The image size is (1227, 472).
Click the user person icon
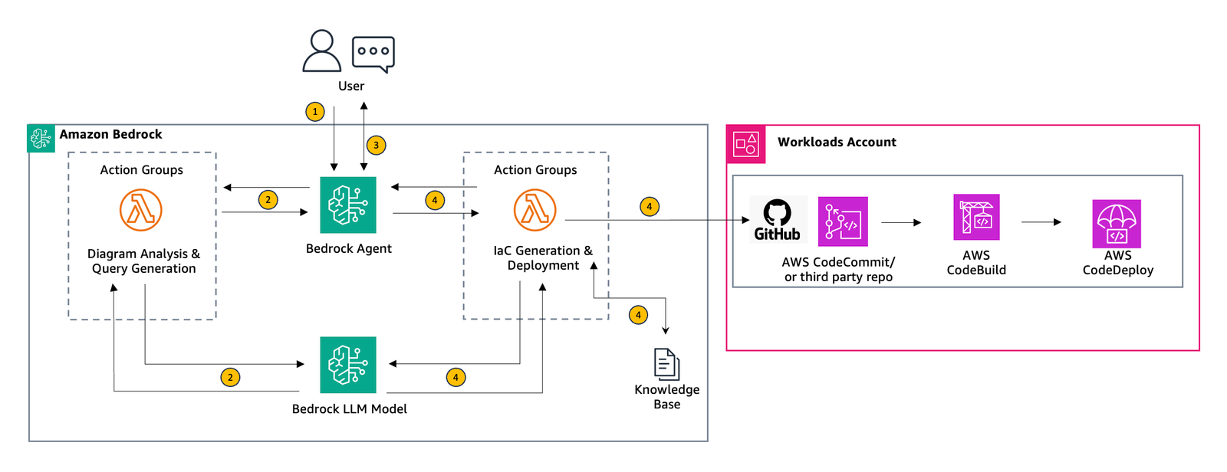(x=321, y=51)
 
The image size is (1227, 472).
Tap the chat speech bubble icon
(x=373, y=54)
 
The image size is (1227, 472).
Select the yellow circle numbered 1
(x=315, y=112)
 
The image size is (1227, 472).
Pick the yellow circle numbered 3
(x=376, y=145)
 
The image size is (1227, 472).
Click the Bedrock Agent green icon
(x=348, y=205)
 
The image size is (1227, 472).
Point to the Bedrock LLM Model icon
(x=348, y=365)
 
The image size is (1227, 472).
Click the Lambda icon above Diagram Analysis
(x=141, y=210)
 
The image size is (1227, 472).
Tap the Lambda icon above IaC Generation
(x=535, y=210)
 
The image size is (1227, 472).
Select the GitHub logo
(x=778, y=220)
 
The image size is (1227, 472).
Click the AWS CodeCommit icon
(x=843, y=221)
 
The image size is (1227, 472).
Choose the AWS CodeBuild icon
(x=976, y=217)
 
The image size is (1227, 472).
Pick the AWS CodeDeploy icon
(x=1117, y=224)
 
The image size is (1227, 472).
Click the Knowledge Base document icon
(x=666, y=364)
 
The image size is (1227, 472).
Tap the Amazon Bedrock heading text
(x=110, y=134)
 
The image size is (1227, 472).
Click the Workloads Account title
(x=837, y=142)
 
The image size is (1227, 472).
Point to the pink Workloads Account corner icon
(x=746, y=144)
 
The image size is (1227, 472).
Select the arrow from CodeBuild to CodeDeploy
(x=1041, y=221)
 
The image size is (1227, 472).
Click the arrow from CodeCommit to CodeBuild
(x=901, y=222)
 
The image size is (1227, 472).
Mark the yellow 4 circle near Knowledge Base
(x=638, y=315)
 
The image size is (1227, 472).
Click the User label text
(x=351, y=86)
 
